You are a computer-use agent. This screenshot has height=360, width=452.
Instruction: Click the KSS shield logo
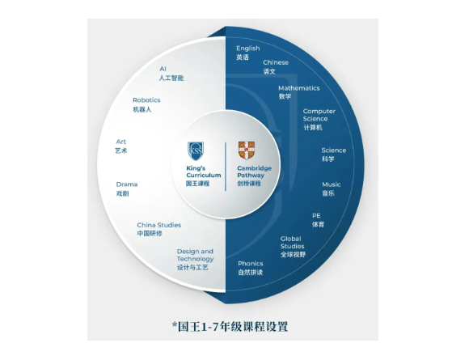(x=196, y=150)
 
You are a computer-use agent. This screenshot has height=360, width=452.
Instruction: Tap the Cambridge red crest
(x=247, y=150)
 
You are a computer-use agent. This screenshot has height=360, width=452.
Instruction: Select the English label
(x=248, y=49)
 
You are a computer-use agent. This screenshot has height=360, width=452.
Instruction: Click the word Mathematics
(x=299, y=88)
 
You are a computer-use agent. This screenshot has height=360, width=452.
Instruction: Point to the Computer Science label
(x=319, y=115)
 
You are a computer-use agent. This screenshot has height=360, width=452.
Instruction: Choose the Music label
(x=332, y=184)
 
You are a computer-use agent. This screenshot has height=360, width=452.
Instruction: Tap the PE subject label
(x=316, y=215)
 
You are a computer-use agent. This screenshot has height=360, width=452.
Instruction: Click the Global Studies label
(x=292, y=243)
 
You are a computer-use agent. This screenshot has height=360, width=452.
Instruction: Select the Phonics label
(x=251, y=264)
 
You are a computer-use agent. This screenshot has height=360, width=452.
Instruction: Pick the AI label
(x=163, y=69)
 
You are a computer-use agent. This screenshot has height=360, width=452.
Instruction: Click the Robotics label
(x=146, y=100)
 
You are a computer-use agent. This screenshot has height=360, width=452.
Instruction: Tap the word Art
(x=121, y=142)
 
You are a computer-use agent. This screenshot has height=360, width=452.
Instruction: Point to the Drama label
(x=127, y=184)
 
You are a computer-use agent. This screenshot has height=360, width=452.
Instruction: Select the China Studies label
(x=158, y=225)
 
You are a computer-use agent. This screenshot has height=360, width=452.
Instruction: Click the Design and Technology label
(x=195, y=255)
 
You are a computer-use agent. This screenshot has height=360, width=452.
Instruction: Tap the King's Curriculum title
(x=204, y=172)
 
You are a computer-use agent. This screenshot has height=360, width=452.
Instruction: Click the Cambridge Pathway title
(x=254, y=172)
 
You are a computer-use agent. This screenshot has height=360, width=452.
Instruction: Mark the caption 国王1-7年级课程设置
(x=230, y=327)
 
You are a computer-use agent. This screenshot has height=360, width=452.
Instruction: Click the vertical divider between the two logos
(x=226, y=167)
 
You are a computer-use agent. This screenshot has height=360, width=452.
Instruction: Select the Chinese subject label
(x=276, y=62)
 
